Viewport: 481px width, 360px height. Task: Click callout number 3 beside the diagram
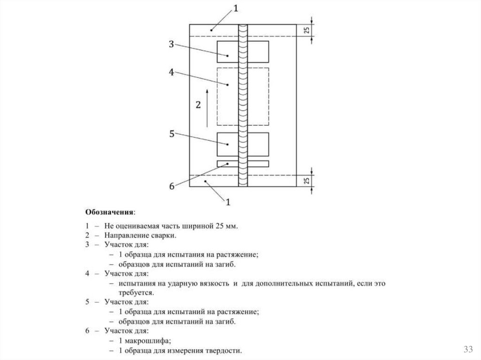[x=171, y=45]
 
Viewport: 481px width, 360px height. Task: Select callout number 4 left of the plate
[x=171, y=72]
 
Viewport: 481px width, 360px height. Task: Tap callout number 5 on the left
[x=171, y=134]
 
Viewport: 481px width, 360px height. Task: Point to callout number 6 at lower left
[x=171, y=186]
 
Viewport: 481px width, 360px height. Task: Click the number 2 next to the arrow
[x=198, y=105]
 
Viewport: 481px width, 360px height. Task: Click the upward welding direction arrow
[x=207, y=107]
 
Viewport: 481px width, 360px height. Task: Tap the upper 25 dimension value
[x=306, y=30]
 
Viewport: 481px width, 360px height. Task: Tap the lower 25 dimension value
[x=306, y=181]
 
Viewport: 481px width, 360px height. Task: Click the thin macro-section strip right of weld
[x=258, y=164]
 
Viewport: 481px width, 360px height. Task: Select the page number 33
[x=468, y=349]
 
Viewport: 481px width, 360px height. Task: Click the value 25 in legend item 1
[x=219, y=226]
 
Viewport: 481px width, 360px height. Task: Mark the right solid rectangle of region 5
[x=258, y=144]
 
